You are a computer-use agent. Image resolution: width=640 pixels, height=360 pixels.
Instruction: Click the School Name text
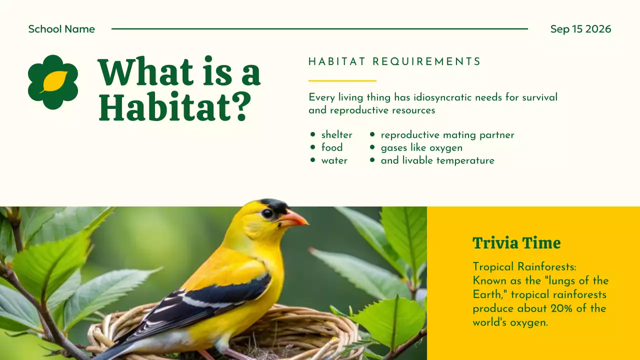61,29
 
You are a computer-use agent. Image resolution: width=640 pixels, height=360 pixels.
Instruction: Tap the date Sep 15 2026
580,29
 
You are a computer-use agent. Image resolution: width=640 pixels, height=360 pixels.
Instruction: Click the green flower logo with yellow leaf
53,82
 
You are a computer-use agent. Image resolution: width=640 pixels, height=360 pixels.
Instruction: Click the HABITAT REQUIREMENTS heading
394,62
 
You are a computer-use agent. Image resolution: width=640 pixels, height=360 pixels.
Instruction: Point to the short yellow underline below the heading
342,80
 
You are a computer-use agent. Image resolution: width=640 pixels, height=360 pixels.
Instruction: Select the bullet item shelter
336,135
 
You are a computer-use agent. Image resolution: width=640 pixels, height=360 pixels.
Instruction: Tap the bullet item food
332,147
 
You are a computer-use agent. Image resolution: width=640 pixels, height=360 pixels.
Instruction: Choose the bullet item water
334,160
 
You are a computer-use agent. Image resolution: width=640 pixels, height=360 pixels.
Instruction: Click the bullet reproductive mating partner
447,135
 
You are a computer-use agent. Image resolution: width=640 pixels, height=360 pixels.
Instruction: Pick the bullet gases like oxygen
421,147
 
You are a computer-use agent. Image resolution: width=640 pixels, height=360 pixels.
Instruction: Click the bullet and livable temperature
437,160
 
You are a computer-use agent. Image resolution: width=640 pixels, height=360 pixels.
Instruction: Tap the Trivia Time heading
516,243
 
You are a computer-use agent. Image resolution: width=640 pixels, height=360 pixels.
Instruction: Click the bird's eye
267,213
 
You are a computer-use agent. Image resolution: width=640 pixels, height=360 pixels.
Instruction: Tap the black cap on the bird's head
274,204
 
